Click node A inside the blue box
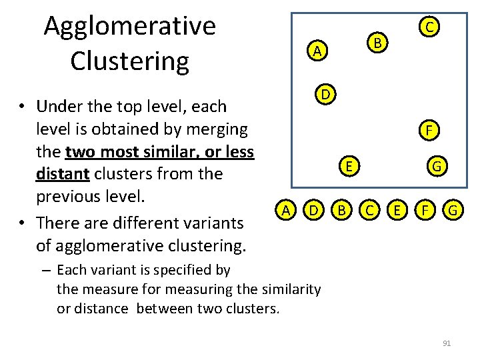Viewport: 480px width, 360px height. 318,51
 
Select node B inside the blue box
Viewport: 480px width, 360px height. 377,43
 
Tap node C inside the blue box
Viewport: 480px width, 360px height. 430,27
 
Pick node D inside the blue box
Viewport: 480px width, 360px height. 325,94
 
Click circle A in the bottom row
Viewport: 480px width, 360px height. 285,211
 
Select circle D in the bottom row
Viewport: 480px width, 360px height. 313,211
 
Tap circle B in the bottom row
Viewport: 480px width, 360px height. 341,211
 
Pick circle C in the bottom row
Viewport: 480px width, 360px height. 369,211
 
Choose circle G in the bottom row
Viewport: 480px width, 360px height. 453,211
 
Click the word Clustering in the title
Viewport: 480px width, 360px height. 129,61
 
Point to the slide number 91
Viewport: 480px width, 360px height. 447,343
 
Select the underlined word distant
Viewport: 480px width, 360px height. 63,174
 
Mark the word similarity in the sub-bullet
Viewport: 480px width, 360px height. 289,289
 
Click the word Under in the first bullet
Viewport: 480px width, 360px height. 61,106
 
